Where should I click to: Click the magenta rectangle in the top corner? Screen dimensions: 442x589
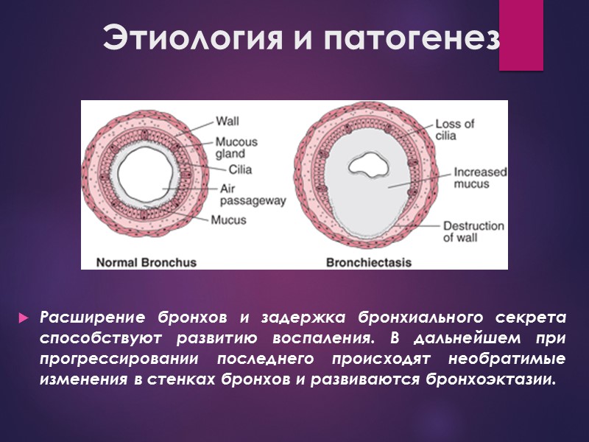point(521,35)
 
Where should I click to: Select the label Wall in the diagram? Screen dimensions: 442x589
point(228,121)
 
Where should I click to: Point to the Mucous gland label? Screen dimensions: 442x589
point(236,148)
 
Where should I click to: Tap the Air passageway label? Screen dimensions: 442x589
point(253,194)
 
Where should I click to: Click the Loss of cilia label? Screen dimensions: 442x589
point(455,130)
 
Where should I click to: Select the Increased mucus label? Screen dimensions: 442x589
point(480,178)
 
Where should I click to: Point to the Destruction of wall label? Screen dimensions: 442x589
point(473,232)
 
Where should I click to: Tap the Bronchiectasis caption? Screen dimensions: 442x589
point(369,262)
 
